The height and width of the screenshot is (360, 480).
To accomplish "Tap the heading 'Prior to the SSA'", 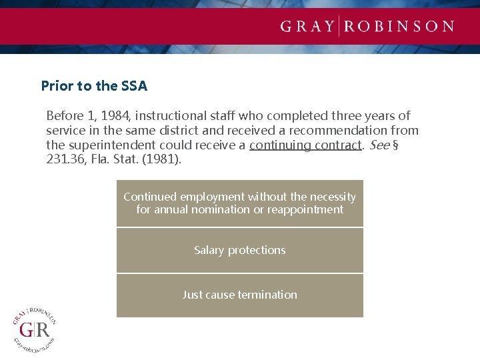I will (x=94, y=86).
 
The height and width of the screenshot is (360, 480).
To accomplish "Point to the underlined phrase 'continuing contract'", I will (x=305, y=145).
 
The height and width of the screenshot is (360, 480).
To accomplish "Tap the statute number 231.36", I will (x=64, y=159).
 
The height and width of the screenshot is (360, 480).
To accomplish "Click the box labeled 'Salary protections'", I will (x=240, y=251).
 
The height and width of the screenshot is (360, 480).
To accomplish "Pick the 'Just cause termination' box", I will (x=240, y=295).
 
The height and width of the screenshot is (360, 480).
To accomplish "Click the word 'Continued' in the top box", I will (x=150, y=197).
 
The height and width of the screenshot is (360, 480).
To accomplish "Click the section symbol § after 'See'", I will (x=395, y=145).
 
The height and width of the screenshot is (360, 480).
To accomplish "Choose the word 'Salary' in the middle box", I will (x=209, y=251).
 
